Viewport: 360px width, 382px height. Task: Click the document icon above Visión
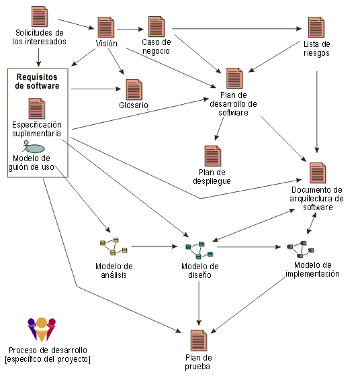click(x=105, y=27)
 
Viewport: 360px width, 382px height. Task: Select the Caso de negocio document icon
click(x=156, y=26)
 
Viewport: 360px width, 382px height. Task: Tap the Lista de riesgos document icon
click(x=316, y=27)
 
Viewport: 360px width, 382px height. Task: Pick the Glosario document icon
click(x=134, y=89)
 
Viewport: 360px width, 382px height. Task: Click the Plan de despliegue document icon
click(x=213, y=156)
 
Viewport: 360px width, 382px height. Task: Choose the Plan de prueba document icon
click(x=199, y=340)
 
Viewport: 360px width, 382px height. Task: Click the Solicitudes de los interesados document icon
click(x=40, y=17)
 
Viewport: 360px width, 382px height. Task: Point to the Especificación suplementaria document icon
click(x=36, y=108)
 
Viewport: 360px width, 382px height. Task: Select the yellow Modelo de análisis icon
click(x=114, y=246)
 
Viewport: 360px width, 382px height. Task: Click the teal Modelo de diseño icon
click(x=199, y=250)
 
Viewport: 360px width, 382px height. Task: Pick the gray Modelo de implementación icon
click(x=300, y=249)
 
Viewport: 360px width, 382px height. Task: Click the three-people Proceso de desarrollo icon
click(x=42, y=330)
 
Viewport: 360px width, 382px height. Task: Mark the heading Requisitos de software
click(x=37, y=81)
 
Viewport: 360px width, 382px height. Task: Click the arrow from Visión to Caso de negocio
click(x=130, y=30)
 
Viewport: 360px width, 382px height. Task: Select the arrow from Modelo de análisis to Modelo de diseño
click(x=154, y=246)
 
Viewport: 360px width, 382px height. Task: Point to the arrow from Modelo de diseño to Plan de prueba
click(x=199, y=303)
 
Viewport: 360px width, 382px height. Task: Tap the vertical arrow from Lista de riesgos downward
click(x=317, y=112)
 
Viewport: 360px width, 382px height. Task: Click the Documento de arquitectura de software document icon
click(x=318, y=173)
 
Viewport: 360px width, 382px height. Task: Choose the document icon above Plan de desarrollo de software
click(x=234, y=78)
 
